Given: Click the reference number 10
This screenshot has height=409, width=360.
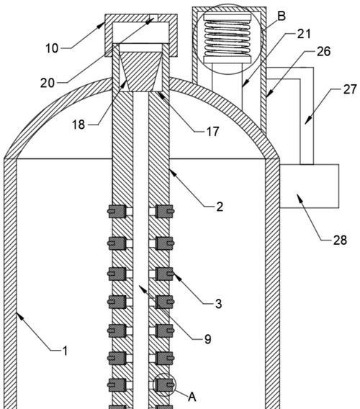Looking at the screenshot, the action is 52,48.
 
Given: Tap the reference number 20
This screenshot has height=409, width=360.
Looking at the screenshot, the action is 48,83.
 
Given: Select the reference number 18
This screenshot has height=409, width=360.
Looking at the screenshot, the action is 78,125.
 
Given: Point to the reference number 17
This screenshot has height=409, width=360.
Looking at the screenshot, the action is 213,132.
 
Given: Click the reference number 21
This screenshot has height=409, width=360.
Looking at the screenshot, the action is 304,34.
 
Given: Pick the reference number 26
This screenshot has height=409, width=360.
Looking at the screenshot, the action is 324,51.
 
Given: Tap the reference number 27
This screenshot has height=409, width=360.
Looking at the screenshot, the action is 350,89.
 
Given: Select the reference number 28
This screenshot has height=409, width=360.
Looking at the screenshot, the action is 340,240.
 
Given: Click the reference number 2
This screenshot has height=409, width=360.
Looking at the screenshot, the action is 220,207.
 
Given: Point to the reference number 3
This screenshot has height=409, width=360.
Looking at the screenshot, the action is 219,304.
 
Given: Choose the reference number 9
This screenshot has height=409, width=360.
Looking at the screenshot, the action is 207,339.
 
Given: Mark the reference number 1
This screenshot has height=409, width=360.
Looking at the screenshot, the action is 66,351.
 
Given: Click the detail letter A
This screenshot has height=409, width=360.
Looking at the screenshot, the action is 192,397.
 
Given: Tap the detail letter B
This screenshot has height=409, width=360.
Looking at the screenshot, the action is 282,16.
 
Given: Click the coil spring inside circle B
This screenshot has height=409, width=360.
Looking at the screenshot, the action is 228,38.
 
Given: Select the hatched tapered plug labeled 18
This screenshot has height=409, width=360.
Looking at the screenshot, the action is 141,71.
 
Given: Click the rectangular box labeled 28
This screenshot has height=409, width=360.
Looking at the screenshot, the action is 310,186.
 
